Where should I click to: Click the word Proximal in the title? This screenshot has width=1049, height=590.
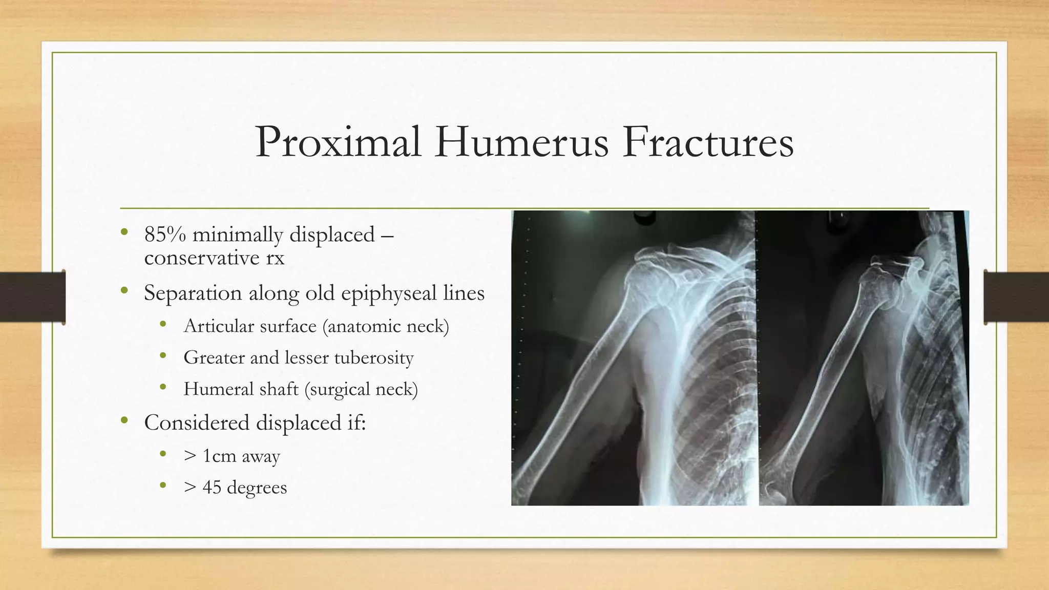(x=338, y=142)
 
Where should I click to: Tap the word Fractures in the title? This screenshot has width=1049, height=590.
(x=708, y=142)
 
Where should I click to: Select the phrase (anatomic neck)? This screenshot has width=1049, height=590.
(x=385, y=326)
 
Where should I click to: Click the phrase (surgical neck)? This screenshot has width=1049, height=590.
(x=361, y=389)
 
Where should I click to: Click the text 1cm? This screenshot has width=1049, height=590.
(x=219, y=456)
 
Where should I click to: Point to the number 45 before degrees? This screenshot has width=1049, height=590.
(x=212, y=487)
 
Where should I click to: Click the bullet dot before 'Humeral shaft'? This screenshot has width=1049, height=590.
(x=163, y=388)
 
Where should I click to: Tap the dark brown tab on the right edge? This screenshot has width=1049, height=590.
(x=1017, y=297)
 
